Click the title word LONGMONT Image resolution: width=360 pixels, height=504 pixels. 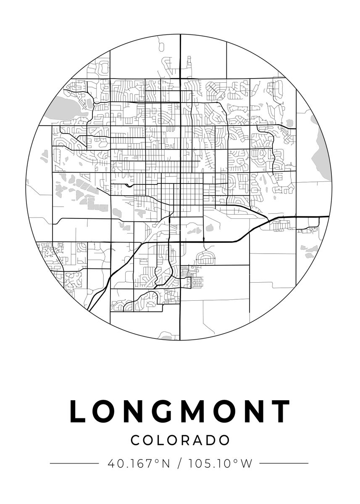click(180, 411)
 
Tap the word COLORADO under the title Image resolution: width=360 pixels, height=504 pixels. click(180, 440)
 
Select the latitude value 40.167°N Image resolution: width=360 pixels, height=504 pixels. click(139, 464)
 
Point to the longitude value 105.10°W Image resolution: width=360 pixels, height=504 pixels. click(221, 464)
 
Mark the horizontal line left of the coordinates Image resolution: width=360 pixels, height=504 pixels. click(74, 464)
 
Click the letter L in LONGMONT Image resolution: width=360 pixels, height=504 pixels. click(78, 411)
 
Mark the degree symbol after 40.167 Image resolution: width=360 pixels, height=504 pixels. click(158, 461)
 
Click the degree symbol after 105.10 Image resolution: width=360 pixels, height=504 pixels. click(236, 461)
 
